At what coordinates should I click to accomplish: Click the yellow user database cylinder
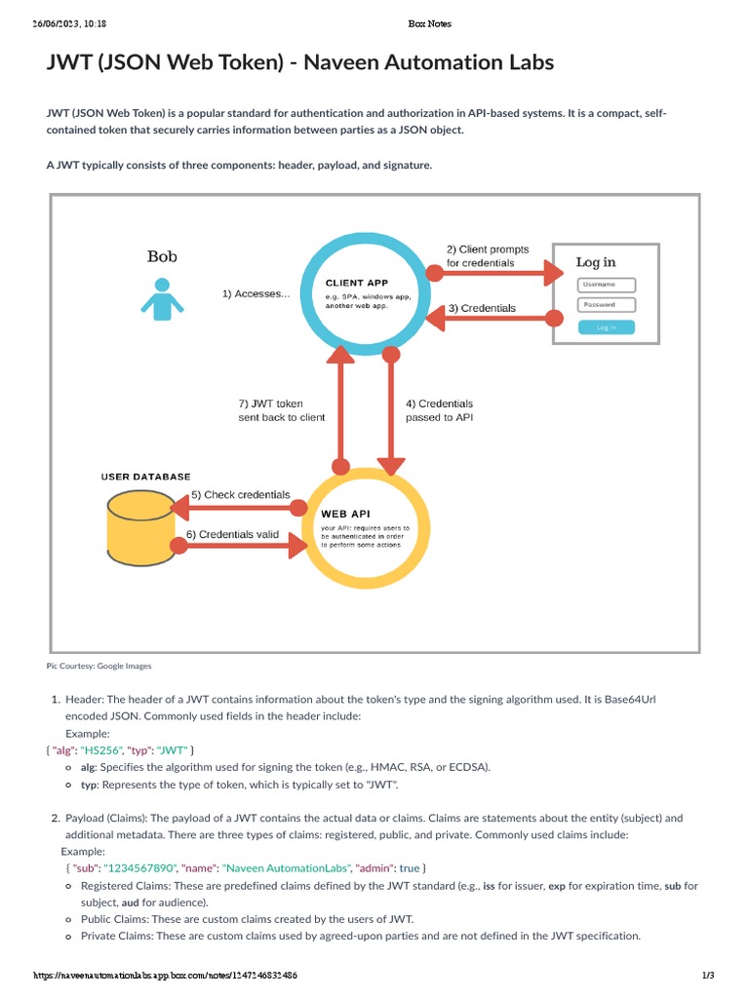coord(143,528)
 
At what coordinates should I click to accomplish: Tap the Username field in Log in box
coord(606,285)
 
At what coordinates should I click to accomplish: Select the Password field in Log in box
coord(606,305)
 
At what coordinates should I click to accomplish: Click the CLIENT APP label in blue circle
coord(357,283)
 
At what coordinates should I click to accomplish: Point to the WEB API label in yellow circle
coord(345,513)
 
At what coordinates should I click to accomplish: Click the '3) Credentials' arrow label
coord(482,308)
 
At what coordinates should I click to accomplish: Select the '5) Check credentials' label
coord(240,495)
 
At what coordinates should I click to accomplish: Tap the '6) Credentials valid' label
coord(232,535)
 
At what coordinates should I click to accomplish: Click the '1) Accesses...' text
coord(256,293)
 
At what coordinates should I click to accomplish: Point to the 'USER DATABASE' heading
coord(146,477)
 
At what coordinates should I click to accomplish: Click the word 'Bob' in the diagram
coord(162,257)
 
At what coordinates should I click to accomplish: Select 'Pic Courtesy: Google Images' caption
coord(99,667)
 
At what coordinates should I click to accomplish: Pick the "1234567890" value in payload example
coord(139,867)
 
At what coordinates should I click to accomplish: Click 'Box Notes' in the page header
coord(429,23)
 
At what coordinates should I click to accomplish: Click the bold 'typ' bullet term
coord(89,785)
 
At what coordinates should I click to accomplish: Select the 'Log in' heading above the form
coord(595,262)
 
